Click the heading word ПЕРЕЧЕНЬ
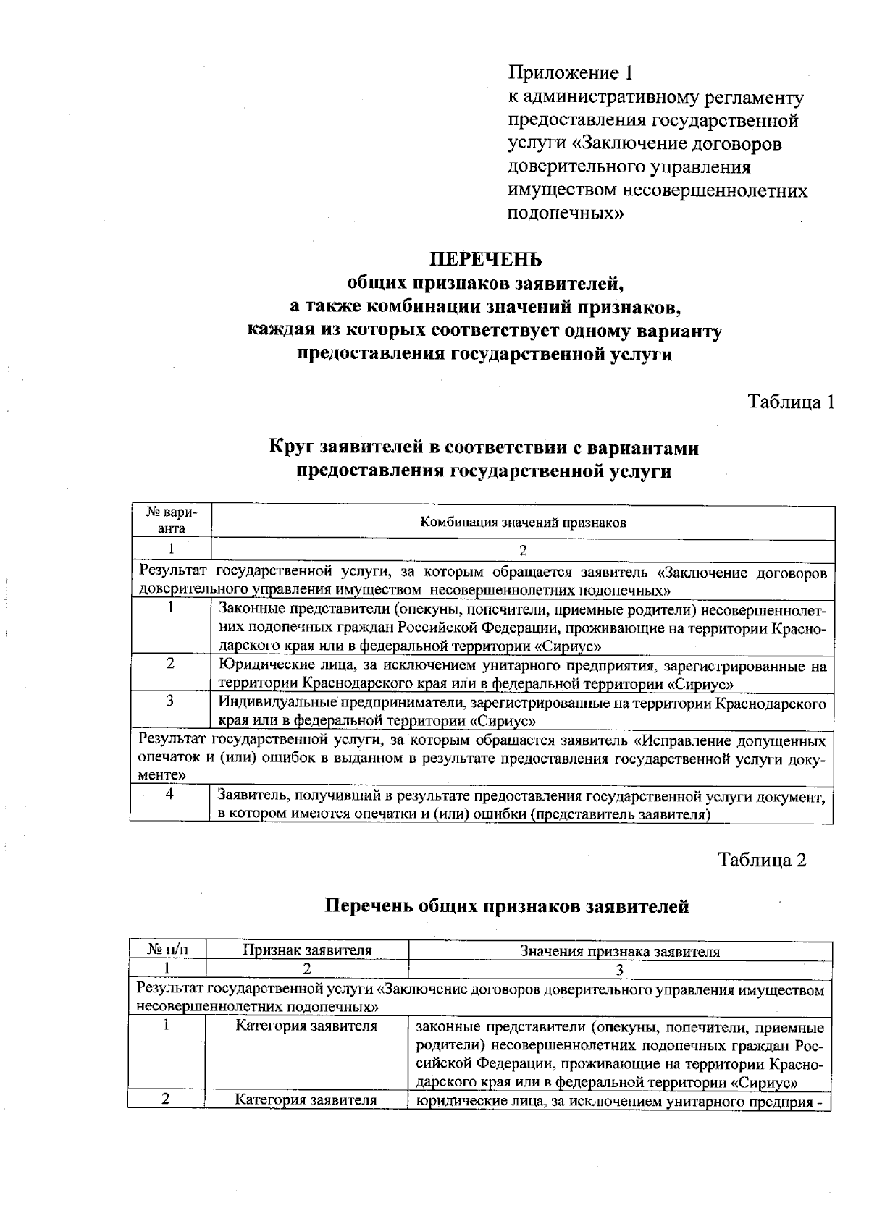point(485,258)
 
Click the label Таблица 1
point(791,402)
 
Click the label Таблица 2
point(762,859)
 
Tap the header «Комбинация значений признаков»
point(523,522)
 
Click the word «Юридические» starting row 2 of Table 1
point(253,665)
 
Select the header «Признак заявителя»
point(307,950)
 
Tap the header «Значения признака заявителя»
point(620,952)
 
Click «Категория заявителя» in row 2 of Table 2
point(306,1100)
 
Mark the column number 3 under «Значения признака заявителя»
point(620,968)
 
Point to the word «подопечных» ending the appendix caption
point(565,214)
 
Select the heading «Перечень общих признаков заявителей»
point(505,905)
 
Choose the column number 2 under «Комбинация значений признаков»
point(522,549)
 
